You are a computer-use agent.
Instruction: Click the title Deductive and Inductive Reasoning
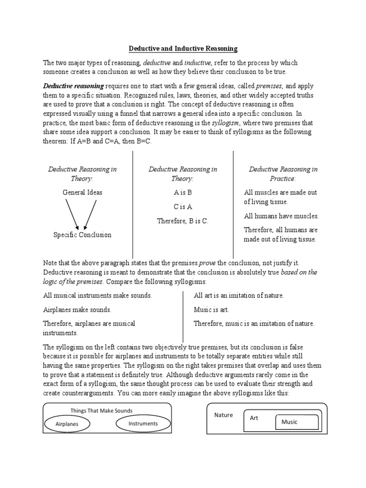coord(183,49)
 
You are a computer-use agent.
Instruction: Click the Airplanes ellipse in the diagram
coord(67,423)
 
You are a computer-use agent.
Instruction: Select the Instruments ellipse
coord(142,423)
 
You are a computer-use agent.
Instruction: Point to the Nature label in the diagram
coord(223,415)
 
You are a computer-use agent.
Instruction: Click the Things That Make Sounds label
coord(102,410)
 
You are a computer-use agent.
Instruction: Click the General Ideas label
coord(82,193)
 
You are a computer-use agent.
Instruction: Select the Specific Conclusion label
coord(82,234)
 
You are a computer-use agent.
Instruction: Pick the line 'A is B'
coord(183,193)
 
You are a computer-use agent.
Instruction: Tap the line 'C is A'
coord(183,206)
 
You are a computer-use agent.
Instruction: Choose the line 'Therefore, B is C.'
coord(183,221)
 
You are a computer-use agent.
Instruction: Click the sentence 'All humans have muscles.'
coord(281,216)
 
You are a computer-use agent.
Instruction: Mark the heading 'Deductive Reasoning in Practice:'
coord(283,174)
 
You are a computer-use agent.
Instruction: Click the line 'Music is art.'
coord(211,310)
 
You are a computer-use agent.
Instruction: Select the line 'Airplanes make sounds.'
coord(77,310)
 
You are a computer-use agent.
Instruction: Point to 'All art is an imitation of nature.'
coord(239,295)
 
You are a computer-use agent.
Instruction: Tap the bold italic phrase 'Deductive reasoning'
coord(73,86)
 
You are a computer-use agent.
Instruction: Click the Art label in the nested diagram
coord(254,418)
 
